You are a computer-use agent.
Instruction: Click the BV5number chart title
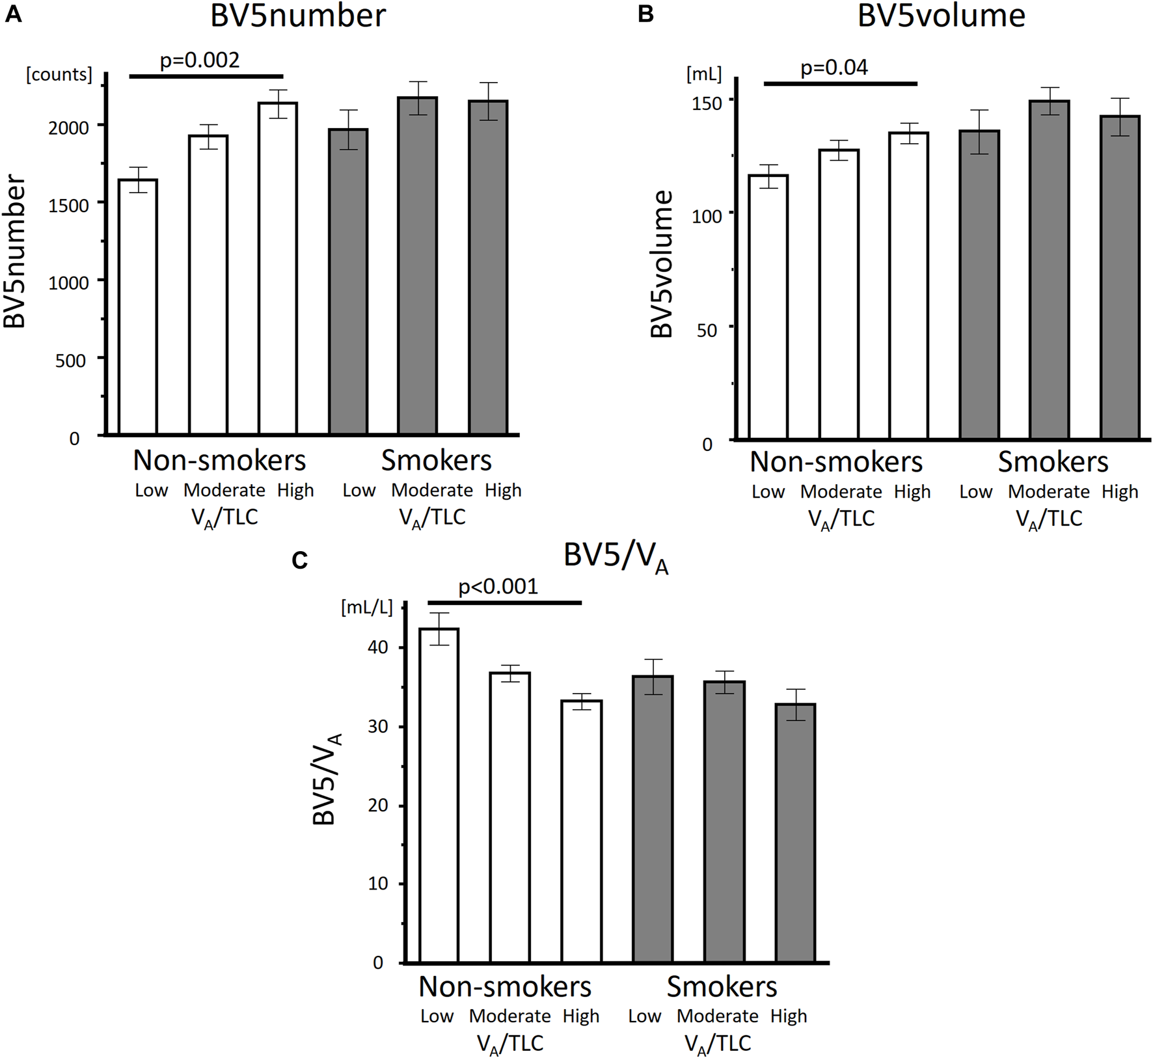click(x=297, y=16)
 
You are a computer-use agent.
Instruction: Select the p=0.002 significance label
click(x=200, y=60)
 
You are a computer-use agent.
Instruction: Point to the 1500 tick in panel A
click(x=68, y=205)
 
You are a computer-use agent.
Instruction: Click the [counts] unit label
click(x=59, y=74)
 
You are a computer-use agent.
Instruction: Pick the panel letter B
click(x=645, y=14)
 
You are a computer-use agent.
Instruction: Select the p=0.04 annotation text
click(x=834, y=67)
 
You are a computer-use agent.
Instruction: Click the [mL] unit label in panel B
click(x=704, y=74)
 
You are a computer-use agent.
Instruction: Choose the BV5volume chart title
click(x=941, y=16)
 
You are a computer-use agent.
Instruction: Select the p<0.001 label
click(x=498, y=586)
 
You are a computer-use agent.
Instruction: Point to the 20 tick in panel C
click(x=378, y=805)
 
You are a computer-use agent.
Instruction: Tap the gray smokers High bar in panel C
click(x=795, y=833)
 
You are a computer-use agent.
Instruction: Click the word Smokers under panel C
click(x=722, y=986)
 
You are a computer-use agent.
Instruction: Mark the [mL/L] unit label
click(x=367, y=607)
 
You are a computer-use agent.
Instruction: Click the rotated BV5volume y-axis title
click(x=661, y=264)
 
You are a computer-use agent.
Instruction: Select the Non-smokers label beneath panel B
click(x=835, y=461)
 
